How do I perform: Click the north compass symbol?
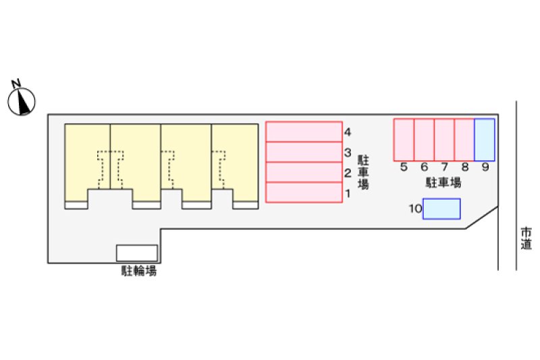(22, 101)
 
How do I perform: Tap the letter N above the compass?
(16, 83)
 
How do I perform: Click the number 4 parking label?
(348, 132)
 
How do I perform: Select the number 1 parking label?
(348, 194)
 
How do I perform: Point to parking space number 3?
(304, 152)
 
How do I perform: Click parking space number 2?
(304, 172)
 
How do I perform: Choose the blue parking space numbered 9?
(485, 140)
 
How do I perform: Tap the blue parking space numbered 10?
(441, 209)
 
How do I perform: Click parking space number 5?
(404, 140)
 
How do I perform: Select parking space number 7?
(444, 140)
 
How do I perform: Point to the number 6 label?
(425, 167)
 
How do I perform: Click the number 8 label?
(465, 167)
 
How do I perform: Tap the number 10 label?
(415, 209)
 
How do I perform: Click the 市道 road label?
(526, 238)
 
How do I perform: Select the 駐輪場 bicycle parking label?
(139, 271)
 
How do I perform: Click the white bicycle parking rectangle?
(137, 253)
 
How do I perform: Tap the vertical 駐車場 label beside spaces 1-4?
(363, 172)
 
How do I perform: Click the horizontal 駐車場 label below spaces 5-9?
(443, 182)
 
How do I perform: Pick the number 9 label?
(485, 167)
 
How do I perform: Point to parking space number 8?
(464, 140)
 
